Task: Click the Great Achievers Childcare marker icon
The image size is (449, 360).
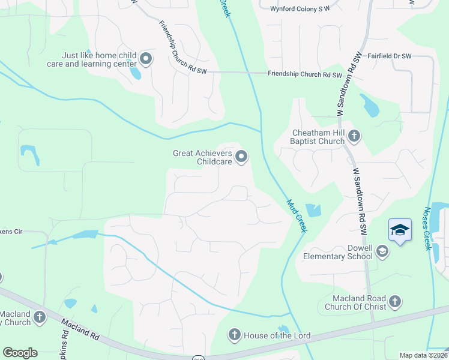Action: tap(241, 157)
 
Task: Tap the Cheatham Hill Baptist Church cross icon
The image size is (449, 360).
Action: tap(354, 136)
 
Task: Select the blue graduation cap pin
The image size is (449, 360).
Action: tap(400, 230)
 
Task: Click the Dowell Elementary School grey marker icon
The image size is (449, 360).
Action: tap(382, 252)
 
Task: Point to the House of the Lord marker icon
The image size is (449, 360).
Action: tap(234, 335)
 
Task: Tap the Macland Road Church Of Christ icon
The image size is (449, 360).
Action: tap(394, 302)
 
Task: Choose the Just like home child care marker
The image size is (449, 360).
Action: tap(146, 59)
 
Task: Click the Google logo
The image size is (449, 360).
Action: tap(20, 353)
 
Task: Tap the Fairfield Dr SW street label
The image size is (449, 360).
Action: tap(389, 56)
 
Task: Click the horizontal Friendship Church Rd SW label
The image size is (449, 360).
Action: tap(304, 75)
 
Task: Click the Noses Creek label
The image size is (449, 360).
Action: tap(427, 227)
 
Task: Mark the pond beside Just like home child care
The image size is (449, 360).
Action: tap(136, 73)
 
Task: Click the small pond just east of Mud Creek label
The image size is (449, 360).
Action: tap(313, 211)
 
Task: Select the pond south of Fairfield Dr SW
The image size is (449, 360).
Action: tap(369, 106)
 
